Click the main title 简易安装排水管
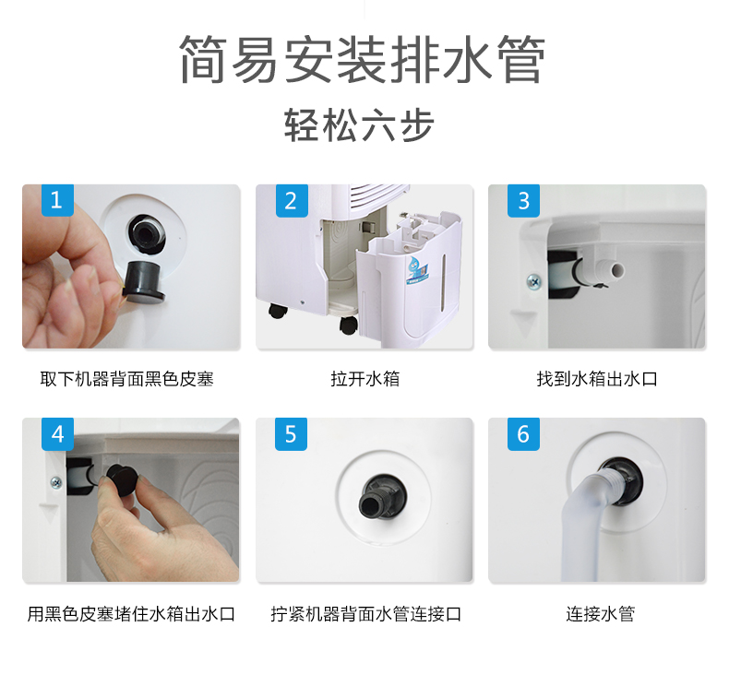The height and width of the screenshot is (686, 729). coord(363,61)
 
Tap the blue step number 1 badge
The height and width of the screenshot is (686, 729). coord(57,200)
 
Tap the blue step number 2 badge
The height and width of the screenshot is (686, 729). coord(291,200)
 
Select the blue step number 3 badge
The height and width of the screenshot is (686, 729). coord(523,200)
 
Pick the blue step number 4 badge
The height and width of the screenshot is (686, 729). coord(57,433)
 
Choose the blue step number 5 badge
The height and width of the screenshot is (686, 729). coord(291,433)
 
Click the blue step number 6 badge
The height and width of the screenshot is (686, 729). coord(523,433)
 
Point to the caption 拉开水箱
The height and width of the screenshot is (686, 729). coord(364,379)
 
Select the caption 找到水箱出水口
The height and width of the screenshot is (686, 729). coord(597,379)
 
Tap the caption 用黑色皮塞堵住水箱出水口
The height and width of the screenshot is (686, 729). coord(131,613)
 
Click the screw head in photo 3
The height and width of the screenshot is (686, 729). coord(533,279)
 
